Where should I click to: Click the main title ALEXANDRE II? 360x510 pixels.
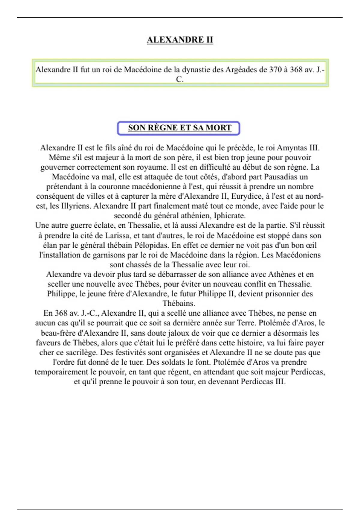pyautogui.click(x=180, y=40)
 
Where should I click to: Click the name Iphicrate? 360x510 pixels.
pyautogui.click(x=229, y=216)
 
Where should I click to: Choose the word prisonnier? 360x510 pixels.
pyautogui.click(x=276, y=293)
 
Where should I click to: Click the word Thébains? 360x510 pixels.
pyautogui.click(x=179, y=303)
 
